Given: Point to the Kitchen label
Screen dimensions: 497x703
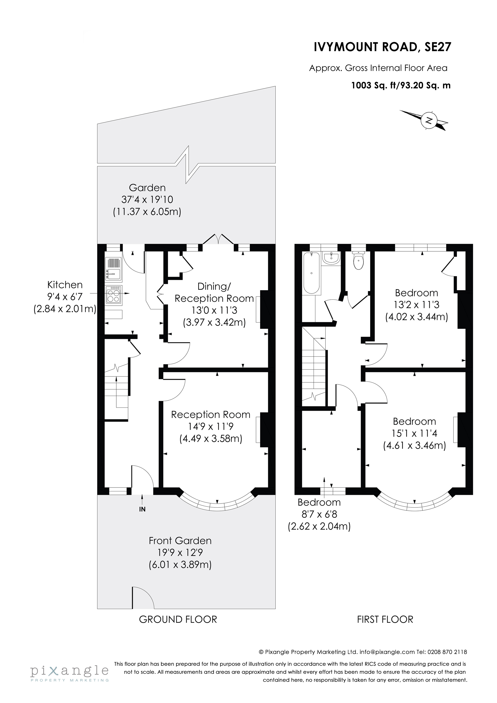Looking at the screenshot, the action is (x=65, y=285).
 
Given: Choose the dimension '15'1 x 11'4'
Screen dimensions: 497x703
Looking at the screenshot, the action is (x=415, y=433).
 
